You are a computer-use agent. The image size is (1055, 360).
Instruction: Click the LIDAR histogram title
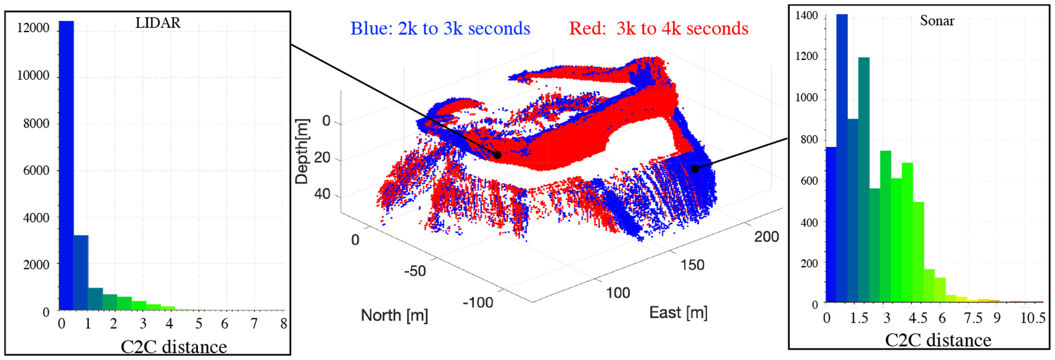coord(158,23)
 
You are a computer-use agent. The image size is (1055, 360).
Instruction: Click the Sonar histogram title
coord(937,20)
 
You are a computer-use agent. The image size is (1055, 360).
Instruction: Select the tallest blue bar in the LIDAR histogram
coord(66,166)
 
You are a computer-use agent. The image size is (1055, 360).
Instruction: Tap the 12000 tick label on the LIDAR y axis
coord(33,28)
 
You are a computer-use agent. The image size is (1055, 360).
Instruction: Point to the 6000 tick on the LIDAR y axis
coord(36,170)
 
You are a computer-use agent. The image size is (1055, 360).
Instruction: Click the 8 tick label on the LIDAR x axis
coord(284,324)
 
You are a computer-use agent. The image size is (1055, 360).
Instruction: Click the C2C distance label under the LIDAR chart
coord(174,346)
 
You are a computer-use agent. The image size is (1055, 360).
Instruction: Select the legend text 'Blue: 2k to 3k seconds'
coord(440,28)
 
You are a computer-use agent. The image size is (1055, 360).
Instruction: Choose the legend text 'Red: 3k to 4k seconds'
coord(659,28)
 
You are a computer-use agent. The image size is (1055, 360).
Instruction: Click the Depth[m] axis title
coord(302,151)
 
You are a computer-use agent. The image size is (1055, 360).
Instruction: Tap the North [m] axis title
coord(395,315)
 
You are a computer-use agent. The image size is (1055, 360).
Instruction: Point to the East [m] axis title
coord(678,313)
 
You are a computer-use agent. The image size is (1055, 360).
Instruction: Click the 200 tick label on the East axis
coord(767,236)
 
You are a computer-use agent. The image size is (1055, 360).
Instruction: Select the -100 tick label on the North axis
coord(478,303)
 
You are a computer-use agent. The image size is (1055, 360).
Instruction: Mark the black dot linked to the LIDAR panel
coord(497,155)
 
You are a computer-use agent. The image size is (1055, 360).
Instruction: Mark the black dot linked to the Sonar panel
coord(695,169)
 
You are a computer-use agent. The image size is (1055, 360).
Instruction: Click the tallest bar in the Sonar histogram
coord(842,158)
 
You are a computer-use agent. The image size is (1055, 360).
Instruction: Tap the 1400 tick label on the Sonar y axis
coord(806,16)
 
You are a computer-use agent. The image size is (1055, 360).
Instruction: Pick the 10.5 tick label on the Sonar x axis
coord(1032,318)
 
